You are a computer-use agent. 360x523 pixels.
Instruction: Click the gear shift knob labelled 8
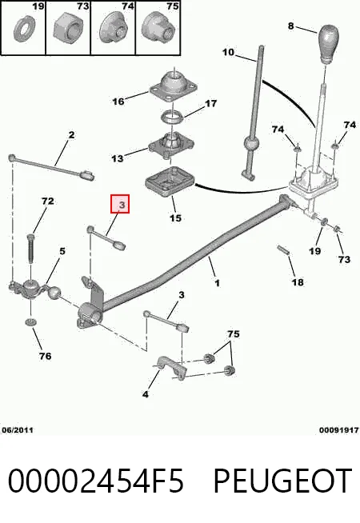click(x=328, y=43)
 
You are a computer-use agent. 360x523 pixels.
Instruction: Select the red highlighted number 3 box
click(x=120, y=204)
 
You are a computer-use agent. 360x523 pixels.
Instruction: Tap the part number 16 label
click(x=118, y=101)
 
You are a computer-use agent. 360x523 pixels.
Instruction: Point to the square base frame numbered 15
click(x=170, y=182)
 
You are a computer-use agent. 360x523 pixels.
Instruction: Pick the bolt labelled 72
click(x=30, y=249)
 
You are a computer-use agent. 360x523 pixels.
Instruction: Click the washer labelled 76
click(x=30, y=322)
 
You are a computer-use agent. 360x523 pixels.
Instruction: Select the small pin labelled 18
click(x=283, y=250)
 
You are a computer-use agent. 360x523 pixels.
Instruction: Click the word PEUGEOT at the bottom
click(x=283, y=481)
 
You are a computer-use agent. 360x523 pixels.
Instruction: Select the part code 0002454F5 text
click(x=96, y=481)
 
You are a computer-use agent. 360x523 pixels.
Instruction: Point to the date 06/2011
click(x=18, y=430)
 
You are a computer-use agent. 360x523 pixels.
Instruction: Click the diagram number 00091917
click(x=339, y=430)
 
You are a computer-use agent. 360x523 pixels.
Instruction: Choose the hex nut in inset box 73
click(x=68, y=29)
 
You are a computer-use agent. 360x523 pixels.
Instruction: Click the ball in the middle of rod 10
click(x=250, y=144)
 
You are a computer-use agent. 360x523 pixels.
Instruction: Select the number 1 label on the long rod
click(x=218, y=284)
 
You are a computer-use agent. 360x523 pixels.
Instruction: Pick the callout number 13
click(x=117, y=158)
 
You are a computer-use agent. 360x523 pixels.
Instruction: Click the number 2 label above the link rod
click(x=71, y=135)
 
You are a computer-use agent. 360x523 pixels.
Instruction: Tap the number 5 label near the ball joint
click(x=62, y=251)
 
